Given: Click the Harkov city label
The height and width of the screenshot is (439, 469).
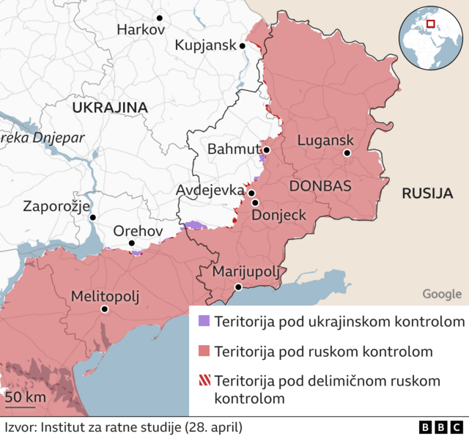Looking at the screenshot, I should point(141,30).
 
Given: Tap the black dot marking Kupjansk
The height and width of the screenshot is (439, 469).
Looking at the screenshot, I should point(243,45).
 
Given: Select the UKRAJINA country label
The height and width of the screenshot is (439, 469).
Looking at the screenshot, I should point(110,108).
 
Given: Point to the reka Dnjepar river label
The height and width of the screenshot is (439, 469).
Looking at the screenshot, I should point(43,137).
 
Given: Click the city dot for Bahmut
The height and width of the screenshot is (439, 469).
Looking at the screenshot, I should point(267,150).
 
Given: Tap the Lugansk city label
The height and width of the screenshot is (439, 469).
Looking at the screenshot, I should point(325,140).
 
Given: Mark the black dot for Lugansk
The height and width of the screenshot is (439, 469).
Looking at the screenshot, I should point(347,153).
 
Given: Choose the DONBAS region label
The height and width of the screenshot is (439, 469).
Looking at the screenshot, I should point(320,185).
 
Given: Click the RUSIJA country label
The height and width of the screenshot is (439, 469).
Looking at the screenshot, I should point(425,193).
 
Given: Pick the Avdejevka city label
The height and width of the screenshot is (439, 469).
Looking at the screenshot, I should point(210,191).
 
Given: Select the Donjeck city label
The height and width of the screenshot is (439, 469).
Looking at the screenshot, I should point(278,215).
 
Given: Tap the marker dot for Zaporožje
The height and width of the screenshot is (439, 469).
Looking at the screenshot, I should point(92,217).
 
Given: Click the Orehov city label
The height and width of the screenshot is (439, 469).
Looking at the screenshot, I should point(138,231).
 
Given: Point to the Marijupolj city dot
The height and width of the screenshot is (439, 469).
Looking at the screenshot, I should point(238,287).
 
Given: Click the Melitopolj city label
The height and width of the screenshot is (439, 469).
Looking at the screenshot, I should point(105,296).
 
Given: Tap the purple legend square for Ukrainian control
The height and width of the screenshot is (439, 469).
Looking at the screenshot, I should point(204,322).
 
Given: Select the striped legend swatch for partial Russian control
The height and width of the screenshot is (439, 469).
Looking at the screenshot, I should point(204,381).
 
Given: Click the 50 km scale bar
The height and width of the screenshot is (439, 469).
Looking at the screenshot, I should point(21,405).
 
